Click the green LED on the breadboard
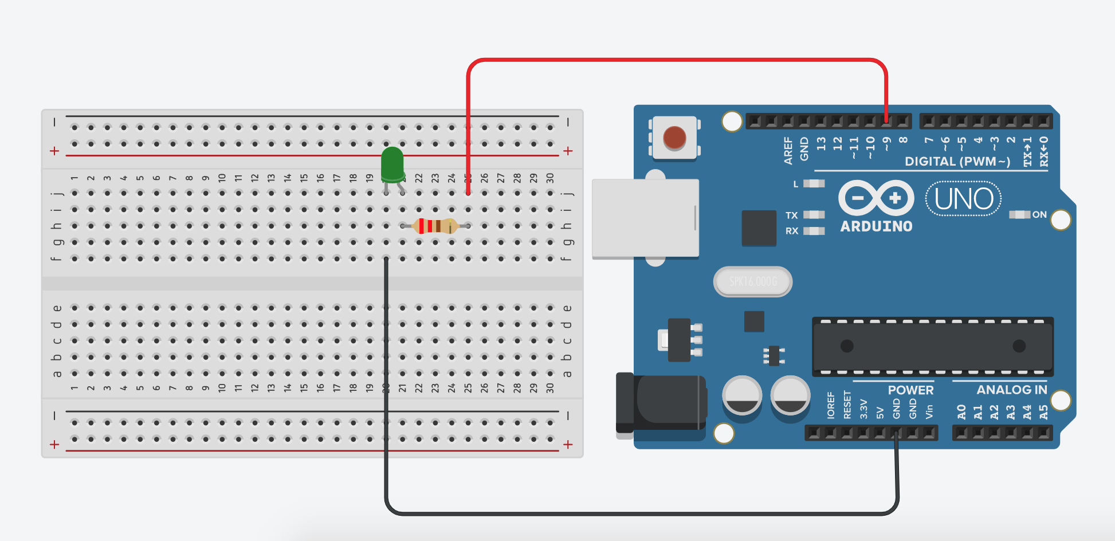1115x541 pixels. (x=392, y=163)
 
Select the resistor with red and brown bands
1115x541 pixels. (x=435, y=226)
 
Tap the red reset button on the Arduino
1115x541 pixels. (x=674, y=138)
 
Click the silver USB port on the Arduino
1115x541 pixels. (x=645, y=218)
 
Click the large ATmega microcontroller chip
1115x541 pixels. (x=932, y=346)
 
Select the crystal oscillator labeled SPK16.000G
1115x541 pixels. (x=753, y=281)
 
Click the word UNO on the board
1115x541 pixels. (x=964, y=199)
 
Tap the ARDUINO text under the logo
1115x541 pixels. (x=876, y=226)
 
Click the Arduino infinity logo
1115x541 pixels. (x=876, y=198)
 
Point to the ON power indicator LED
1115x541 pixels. (x=1019, y=214)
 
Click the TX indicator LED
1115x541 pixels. (x=814, y=215)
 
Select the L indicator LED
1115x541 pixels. (x=814, y=183)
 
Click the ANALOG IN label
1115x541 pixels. (x=1011, y=390)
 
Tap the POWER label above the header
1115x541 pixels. (x=910, y=390)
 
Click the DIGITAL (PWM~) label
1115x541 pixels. (x=957, y=162)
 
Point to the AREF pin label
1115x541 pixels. (x=788, y=150)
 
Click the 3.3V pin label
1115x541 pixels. (x=863, y=409)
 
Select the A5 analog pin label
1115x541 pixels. (x=1043, y=411)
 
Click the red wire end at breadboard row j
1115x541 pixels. (x=468, y=193)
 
